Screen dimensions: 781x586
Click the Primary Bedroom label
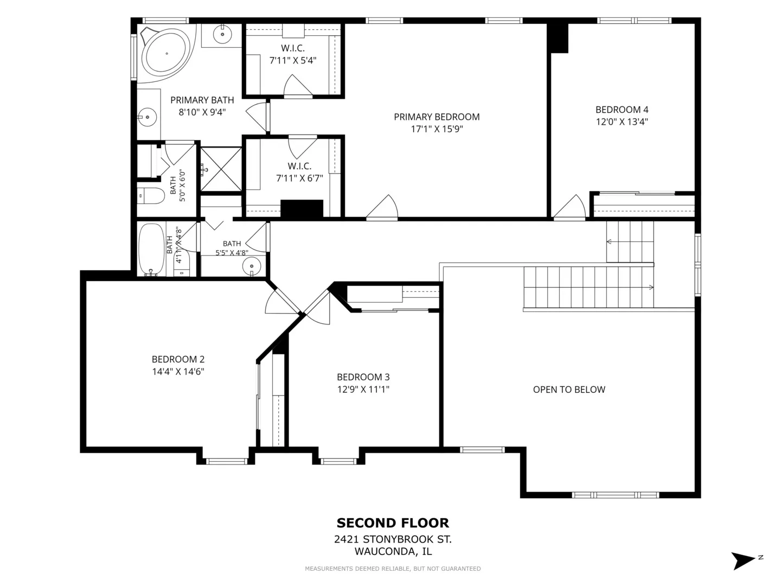pos(437,117)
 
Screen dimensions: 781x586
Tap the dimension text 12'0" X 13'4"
pos(622,122)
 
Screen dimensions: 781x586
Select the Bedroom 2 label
pos(178,359)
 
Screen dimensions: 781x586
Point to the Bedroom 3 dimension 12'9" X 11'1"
pos(363,389)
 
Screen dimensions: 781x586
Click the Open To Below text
pos(569,390)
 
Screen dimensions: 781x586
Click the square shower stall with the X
pos(221,169)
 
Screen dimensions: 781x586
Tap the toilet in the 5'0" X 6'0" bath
pos(151,196)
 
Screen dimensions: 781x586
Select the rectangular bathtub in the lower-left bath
pos(151,250)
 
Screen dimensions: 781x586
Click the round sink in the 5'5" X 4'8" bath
pos(252,266)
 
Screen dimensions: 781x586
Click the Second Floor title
pos(393,523)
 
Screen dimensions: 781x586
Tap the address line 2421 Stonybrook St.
pos(393,539)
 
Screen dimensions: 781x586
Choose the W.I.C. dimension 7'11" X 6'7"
pos(299,179)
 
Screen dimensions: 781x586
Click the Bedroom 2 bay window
pos(226,461)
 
